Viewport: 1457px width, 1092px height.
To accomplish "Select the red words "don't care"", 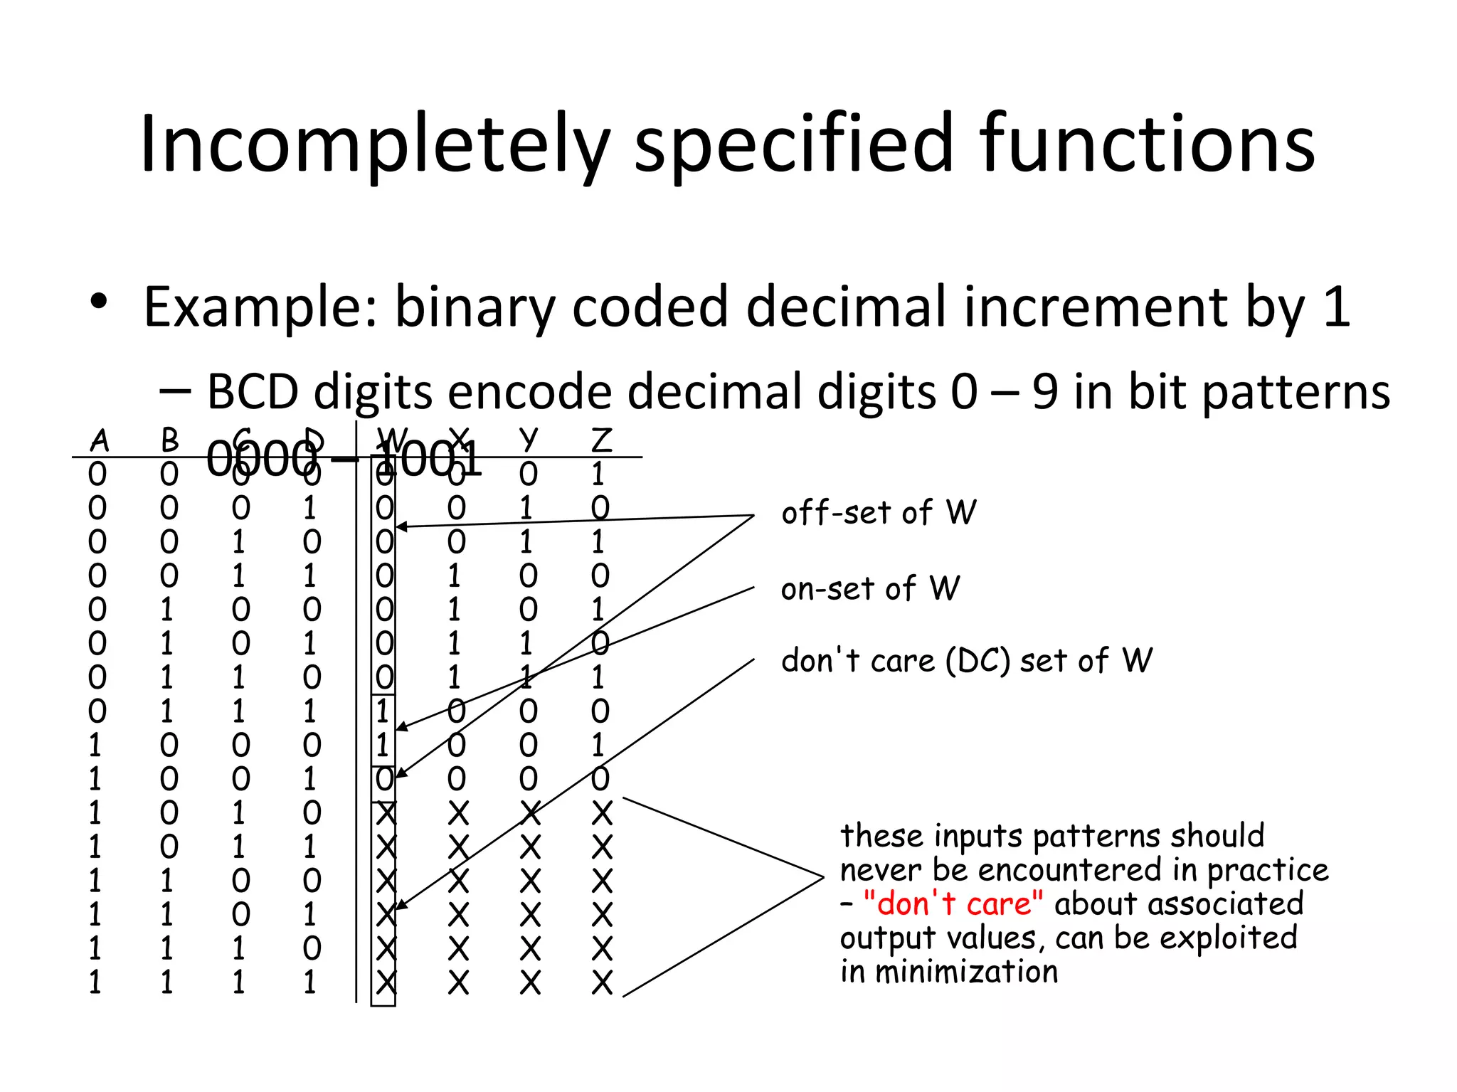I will (953, 904).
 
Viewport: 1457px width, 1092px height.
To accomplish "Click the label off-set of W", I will (879, 513).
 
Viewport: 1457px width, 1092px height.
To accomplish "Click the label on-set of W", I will (870, 589).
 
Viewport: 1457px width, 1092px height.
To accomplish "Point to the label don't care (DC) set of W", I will (966, 661).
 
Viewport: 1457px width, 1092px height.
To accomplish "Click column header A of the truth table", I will (100, 440).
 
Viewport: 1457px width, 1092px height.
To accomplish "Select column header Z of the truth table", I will (601, 440).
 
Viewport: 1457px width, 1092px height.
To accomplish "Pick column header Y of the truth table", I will (528, 440).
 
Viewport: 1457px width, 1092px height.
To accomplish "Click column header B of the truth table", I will (169, 440).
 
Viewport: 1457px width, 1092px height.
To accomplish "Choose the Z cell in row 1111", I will (601, 983).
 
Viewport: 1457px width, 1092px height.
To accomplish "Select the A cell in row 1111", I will (95, 983).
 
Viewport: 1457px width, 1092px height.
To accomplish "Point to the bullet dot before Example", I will (99, 302).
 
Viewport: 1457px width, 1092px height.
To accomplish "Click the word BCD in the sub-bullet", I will (252, 393).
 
